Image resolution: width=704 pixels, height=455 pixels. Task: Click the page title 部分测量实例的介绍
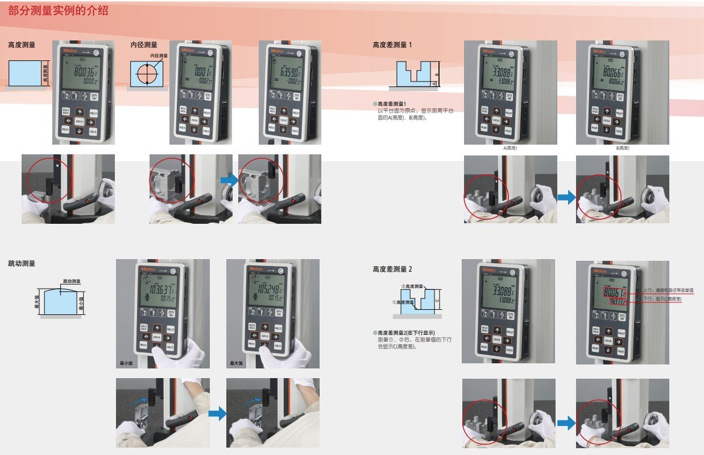point(59,11)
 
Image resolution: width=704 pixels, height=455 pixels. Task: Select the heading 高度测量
point(22,44)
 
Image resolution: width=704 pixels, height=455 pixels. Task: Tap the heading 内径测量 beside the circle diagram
point(144,44)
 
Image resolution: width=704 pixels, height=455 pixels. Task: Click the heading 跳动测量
point(22,264)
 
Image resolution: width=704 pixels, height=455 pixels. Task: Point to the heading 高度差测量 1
point(392,44)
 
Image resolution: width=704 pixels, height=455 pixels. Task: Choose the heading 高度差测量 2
point(392,268)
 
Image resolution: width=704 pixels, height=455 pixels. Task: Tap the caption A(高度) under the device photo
point(510,148)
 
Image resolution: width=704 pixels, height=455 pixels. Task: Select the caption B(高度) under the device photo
point(623,148)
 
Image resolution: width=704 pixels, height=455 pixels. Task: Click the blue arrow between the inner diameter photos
point(229,180)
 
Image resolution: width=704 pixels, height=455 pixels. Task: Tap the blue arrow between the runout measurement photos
point(217,412)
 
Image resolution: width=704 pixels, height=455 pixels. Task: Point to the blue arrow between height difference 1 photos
point(566,197)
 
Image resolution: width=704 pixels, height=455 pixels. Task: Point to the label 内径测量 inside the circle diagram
point(159,56)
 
